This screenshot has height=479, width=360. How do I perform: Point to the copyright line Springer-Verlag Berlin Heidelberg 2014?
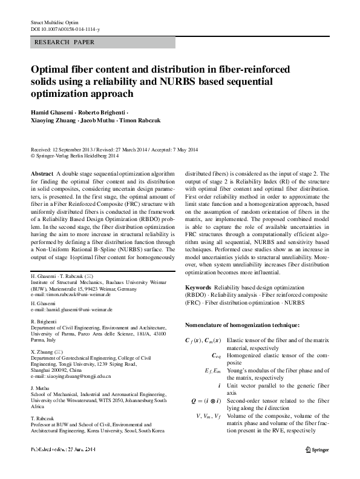point(83,155)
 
